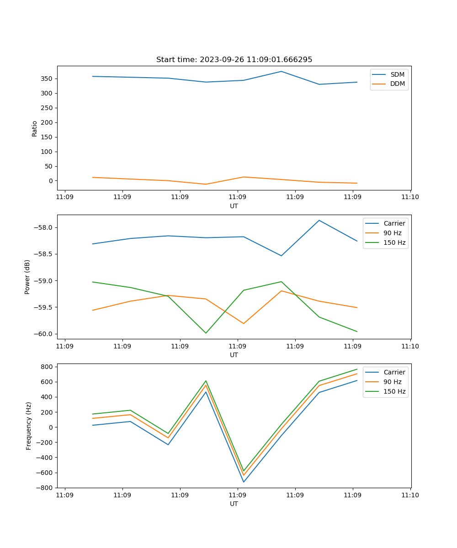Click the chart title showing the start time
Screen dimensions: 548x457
click(x=234, y=60)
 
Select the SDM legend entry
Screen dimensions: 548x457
click(x=397, y=74)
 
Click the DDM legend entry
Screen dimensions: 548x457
click(x=397, y=84)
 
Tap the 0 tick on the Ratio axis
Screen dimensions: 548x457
click(x=51, y=181)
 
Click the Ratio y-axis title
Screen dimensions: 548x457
click(x=35, y=128)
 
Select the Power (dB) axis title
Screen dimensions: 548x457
click(x=28, y=277)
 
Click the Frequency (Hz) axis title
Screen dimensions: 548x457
click(x=29, y=426)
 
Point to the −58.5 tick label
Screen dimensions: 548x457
click(x=43, y=254)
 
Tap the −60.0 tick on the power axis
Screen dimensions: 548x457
click(x=43, y=334)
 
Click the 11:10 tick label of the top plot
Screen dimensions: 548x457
click(x=410, y=197)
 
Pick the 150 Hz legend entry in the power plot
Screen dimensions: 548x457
click(x=394, y=242)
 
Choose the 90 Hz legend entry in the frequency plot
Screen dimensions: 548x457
click(x=392, y=382)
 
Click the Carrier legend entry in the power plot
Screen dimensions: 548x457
click(x=394, y=224)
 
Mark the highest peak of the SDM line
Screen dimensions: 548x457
click(x=282, y=71)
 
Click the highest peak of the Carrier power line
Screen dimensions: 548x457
click(x=319, y=221)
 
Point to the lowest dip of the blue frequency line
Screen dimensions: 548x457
click(x=244, y=482)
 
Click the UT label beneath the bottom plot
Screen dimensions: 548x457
click(x=234, y=504)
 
